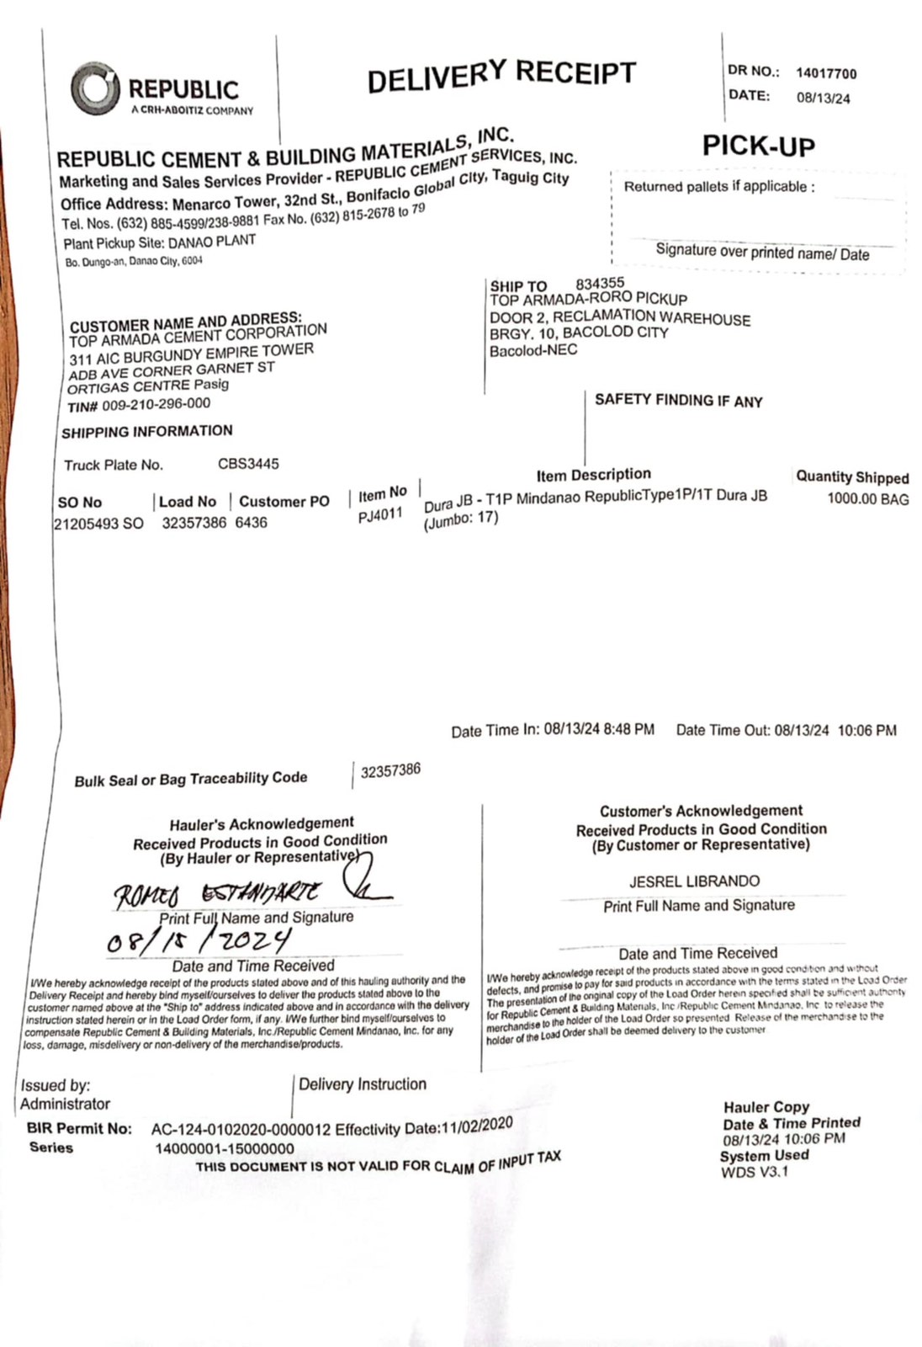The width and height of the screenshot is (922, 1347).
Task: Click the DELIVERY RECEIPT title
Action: point(501,76)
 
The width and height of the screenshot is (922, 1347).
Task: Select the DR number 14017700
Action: point(826,74)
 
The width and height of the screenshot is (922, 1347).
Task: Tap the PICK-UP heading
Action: point(759,146)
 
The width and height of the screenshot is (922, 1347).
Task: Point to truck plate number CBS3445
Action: point(248,464)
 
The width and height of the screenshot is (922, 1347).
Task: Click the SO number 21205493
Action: point(87,524)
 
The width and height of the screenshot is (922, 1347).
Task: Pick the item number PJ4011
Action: point(380,515)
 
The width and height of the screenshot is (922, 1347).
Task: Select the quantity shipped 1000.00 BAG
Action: point(867,499)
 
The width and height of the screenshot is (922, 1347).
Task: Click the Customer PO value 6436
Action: point(251,523)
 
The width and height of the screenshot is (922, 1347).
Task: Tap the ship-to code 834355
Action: point(600,284)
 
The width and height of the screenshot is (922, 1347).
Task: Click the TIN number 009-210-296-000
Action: point(156,405)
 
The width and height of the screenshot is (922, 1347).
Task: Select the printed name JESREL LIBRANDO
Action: point(694,881)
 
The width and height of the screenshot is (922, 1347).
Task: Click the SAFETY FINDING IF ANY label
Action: point(678,401)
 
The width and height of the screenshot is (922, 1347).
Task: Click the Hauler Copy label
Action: point(766,1107)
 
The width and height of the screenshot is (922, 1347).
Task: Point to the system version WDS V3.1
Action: point(755,1171)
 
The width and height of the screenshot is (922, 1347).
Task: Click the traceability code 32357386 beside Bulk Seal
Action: point(390,770)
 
